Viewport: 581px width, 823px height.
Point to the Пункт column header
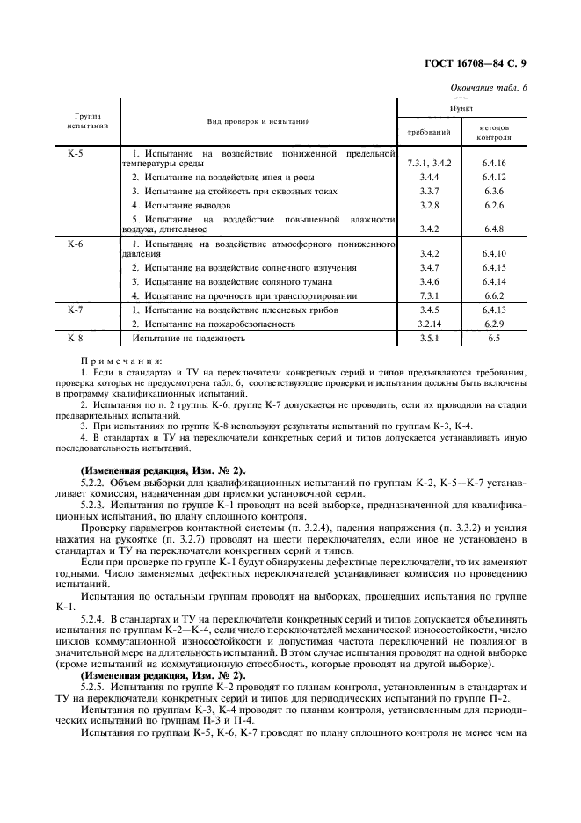click(x=461, y=106)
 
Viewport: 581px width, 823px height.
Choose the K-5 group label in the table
click(x=76, y=154)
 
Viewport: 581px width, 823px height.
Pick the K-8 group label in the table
click(x=76, y=337)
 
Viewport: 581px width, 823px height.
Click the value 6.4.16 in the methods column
click(x=493, y=164)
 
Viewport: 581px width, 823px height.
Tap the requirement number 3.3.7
click(x=429, y=191)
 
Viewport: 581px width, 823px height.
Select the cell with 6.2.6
click(x=493, y=205)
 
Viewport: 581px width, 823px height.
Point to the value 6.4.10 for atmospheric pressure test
click(x=493, y=253)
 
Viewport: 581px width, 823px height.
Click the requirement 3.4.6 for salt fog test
click(x=429, y=281)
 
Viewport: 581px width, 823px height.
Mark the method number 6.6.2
click(x=493, y=295)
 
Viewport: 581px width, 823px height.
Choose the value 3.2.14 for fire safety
click(x=429, y=324)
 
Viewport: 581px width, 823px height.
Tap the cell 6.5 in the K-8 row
click(x=493, y=337)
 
